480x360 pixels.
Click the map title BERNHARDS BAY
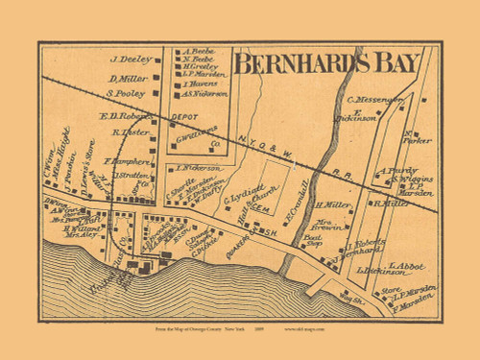[x=325, y=63]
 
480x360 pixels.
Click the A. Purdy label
[x=395, y=172]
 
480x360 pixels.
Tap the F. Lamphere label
[x=124, y=161]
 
